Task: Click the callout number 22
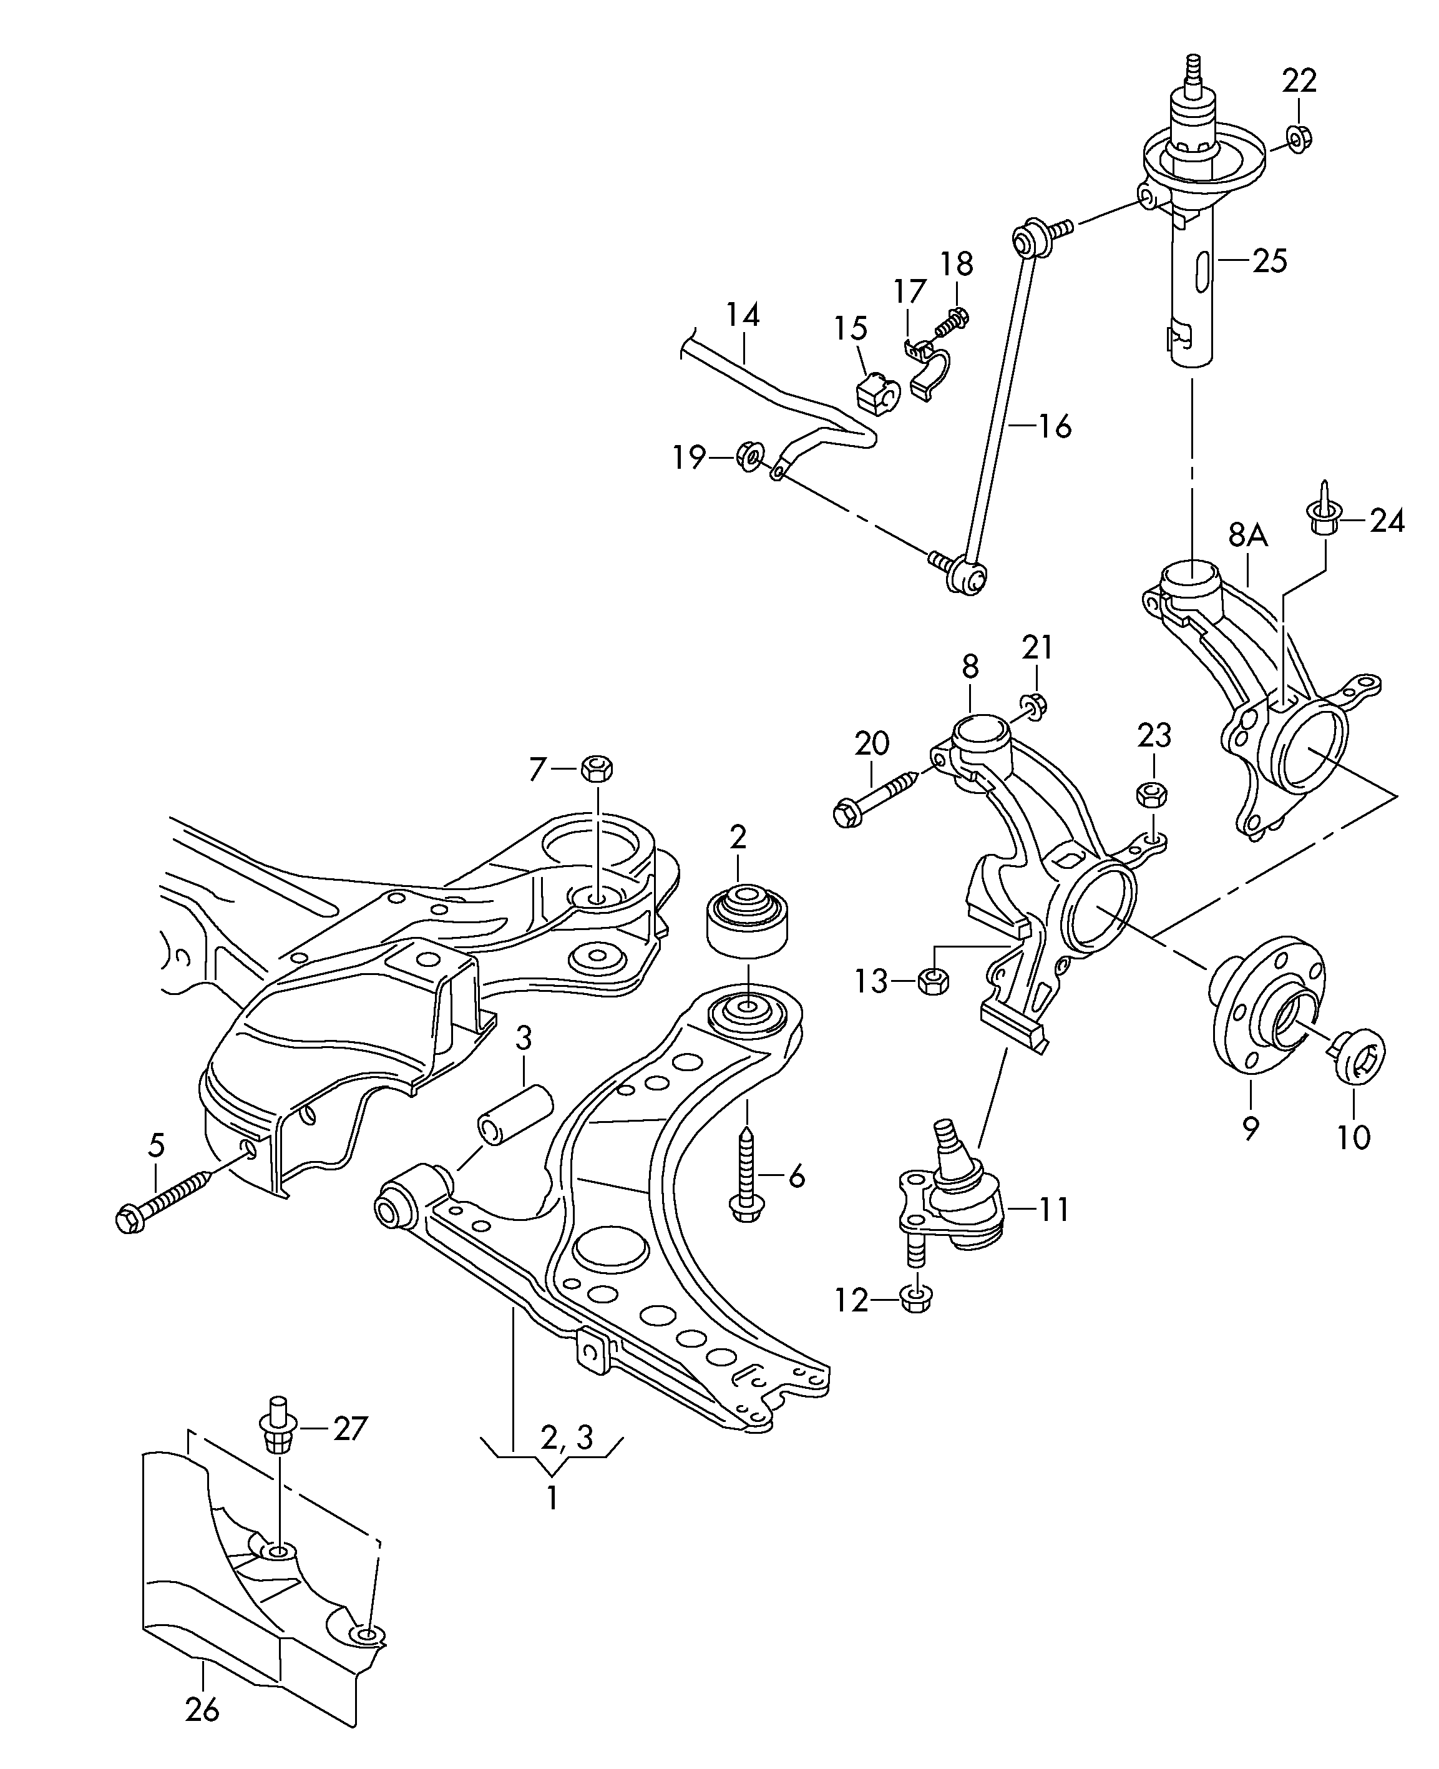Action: click(x=1299, y=81)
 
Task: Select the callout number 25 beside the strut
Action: click(x=1269, y=260)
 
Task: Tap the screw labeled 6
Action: click(x=746, y=1175)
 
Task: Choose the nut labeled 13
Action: click(x=934, y=983)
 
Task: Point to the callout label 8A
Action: click(x=1248, y=536)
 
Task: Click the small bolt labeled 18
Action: click(x=954, y=320)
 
